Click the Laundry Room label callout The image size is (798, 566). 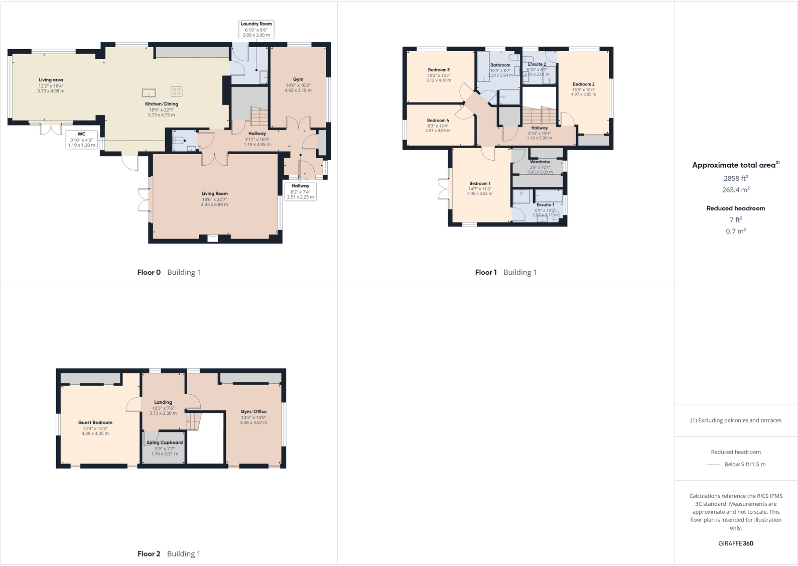(x=256, y=29)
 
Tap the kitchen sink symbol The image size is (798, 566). (x=149, y=92)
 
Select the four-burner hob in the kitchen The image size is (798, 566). (x=176, y=91)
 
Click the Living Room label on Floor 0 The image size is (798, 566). (x=214, y=194)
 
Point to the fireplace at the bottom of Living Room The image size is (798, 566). (x=213, y=239)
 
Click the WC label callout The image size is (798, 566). (x=81, y=140)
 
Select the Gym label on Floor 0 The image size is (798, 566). (x=298, y=79)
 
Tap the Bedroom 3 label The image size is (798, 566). (x=439, y=70)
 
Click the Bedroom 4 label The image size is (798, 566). (x=438, y=121)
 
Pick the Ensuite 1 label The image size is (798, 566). (x=545, y=205)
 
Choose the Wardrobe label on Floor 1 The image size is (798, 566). (x=540, y=162)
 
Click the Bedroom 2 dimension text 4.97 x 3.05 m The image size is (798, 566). (x=583, y=94)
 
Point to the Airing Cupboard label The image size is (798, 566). (x=165, y=443)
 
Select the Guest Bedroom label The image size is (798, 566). (x=95, y=423)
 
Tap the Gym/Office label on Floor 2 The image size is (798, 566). (x=253, y=412)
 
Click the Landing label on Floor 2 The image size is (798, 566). (x=163, y=402)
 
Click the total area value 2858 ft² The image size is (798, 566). (x=736, y=178)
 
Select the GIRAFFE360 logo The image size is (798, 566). (x=736, y=543)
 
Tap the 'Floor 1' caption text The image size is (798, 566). (x=486, y=273)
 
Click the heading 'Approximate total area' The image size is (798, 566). (x=734, y=165)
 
